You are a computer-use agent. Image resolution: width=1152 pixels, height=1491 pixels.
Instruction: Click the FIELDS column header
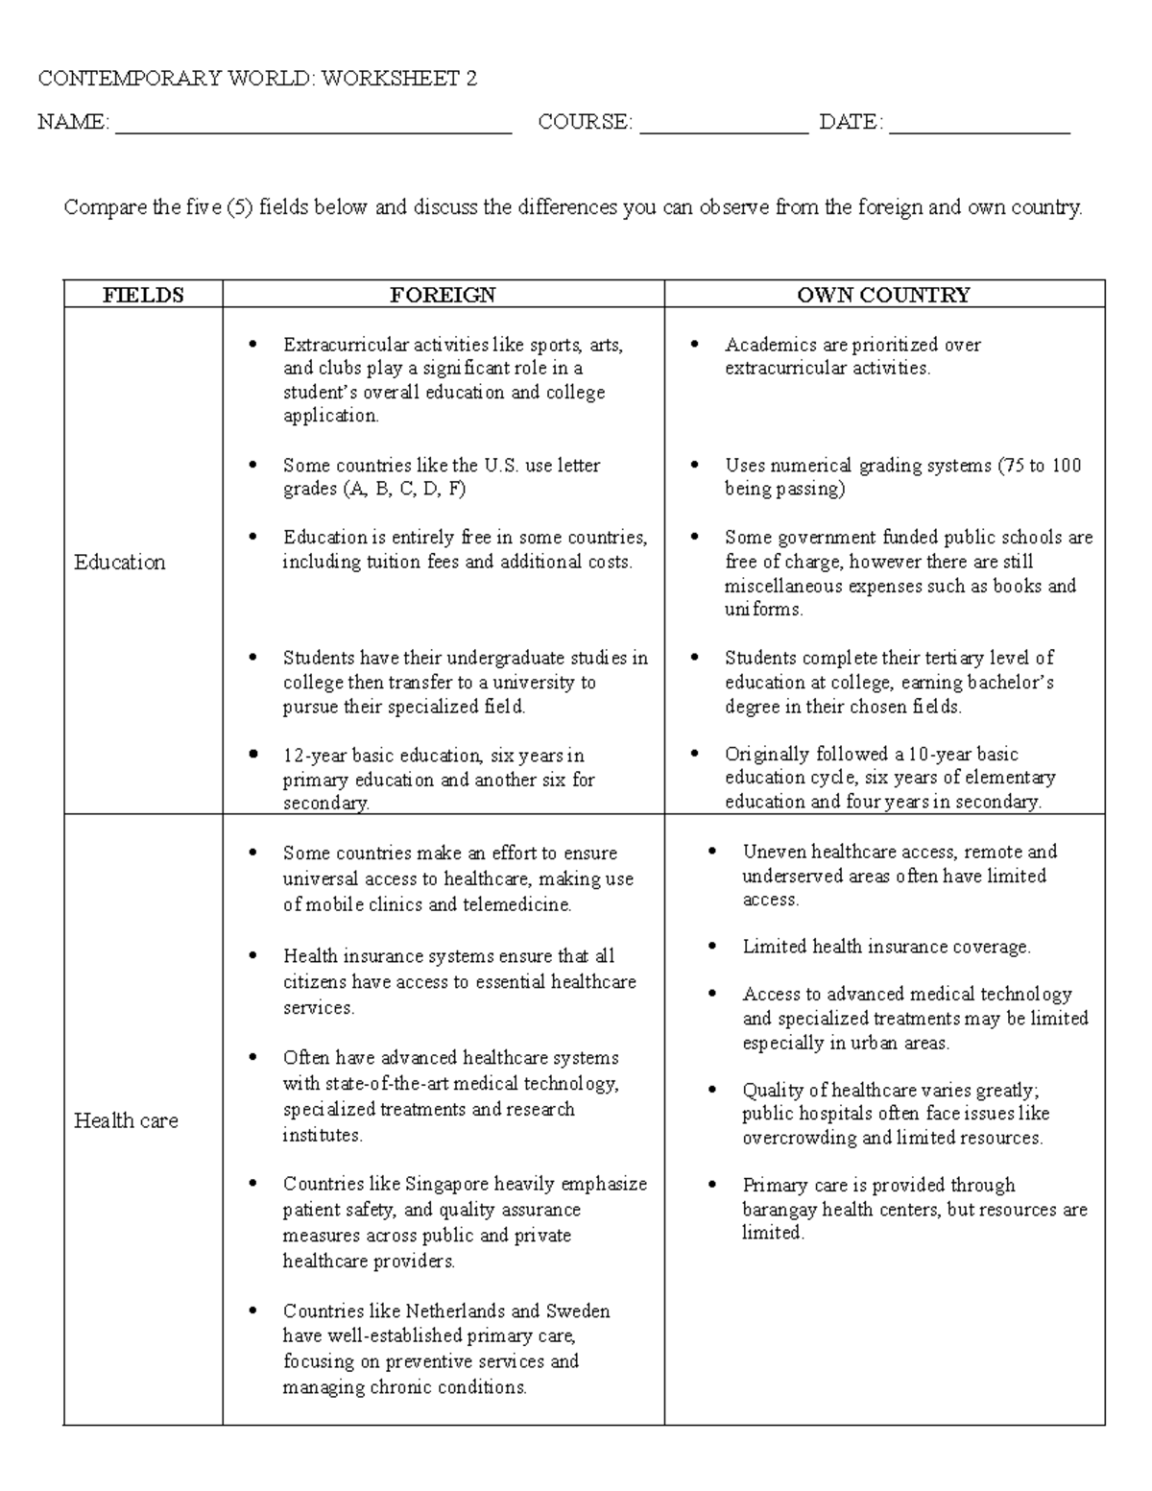pyautogui.click(x=143, y=295)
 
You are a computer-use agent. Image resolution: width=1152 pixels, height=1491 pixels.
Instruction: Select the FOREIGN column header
pyautogui.click(x=443, y=295)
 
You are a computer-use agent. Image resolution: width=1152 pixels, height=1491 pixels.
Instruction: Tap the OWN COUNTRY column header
pyautogui.click(x=883, y=295)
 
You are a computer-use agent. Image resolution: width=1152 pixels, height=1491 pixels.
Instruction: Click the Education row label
pyautogui.click(x=119, y=563)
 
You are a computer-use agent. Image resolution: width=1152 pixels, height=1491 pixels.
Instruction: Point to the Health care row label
pyautogui.click(x=126, y=1120)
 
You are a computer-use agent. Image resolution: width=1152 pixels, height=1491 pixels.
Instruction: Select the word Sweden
pyautogui.click(x=577, y=1311)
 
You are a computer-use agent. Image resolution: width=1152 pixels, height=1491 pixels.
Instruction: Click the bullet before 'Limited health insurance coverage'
pyautogui.click(x=712, y=947)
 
